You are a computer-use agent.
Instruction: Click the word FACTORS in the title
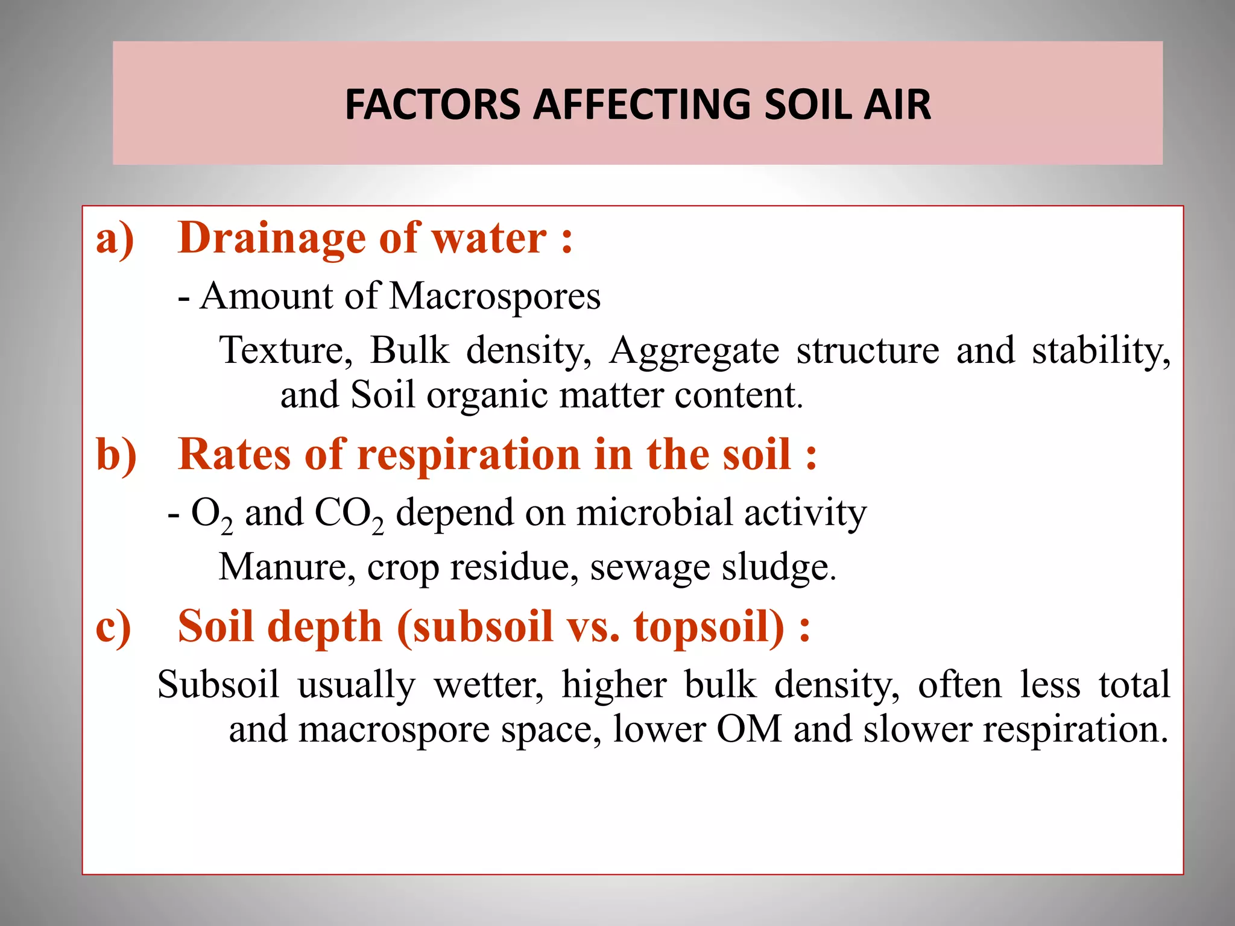pos(432,104)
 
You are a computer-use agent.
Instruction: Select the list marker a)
pos(115,238)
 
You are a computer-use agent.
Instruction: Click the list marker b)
pos(116,454)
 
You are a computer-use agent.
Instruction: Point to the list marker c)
pos(113,626)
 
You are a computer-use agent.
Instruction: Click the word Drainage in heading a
pos(271,238)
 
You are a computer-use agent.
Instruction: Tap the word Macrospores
pos(495,296)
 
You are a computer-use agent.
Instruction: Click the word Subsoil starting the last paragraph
pos(218,685)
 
